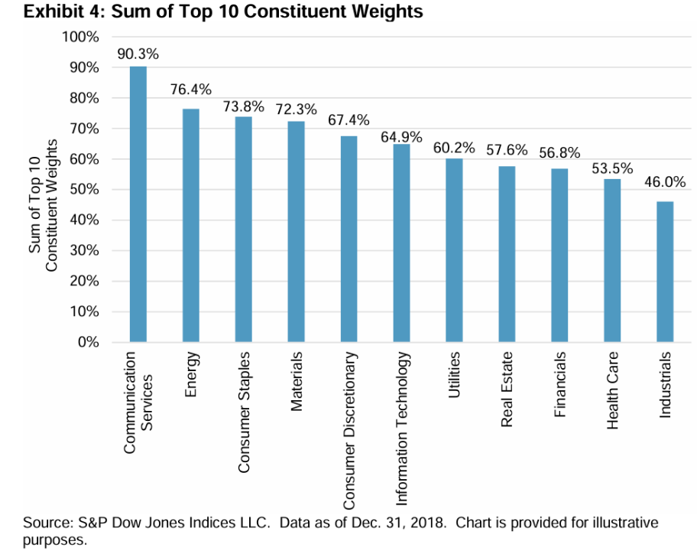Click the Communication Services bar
pyautogui.click(x=138, y=204)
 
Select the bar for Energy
pyautogui.click(x=190, y=226)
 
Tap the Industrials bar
pyautogui.click(x=665, y=272)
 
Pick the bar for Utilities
pyautogui.click(x=454, y=250)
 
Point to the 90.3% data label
pyautogui.click(x=138, y=54)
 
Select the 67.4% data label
pyautogui.click(x=348, y=120)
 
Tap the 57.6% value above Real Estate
pyautogui.click(x=507, y=149)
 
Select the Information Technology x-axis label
pyautogui.click(x=402, y=429)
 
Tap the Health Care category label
pyautogui.click(x=612, y=390)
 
